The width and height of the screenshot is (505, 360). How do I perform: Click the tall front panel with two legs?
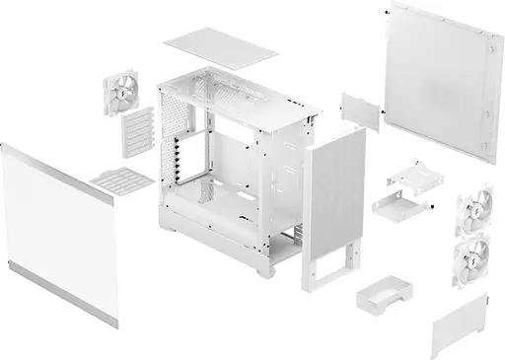click(x=332, y=196)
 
